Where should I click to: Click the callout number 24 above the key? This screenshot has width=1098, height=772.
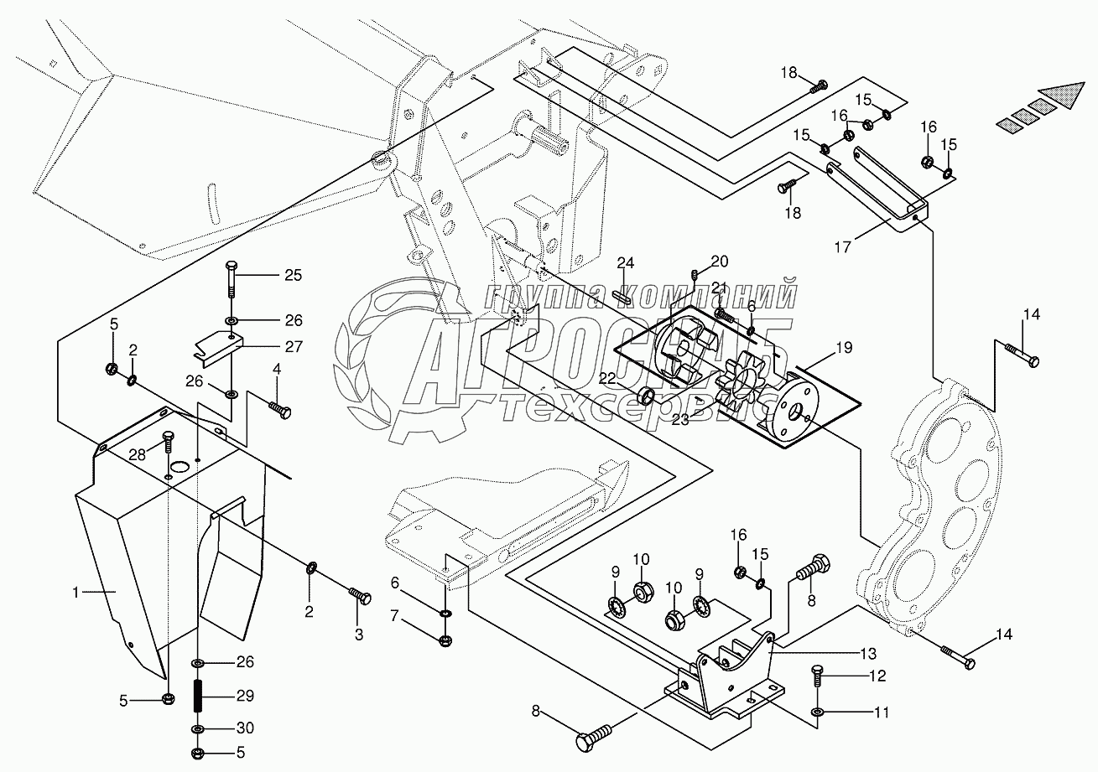point(625,264)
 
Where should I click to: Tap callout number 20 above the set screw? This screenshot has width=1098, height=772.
point(720,261)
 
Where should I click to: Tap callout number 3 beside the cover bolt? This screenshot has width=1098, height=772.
point(358,635)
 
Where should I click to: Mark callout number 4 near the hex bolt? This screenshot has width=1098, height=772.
point(276,369)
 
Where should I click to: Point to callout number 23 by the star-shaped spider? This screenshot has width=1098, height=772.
point(680,419)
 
